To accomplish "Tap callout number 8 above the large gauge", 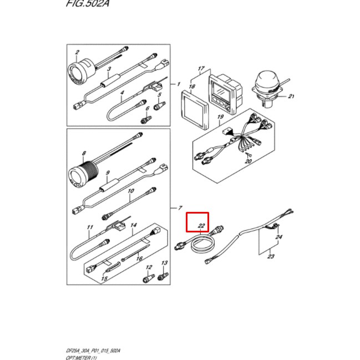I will point(83,153).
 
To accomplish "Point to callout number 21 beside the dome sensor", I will point(291,97).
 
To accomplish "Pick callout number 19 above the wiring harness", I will point(220,117).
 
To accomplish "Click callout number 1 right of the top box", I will point(179,84).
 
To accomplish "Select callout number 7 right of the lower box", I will point(179,207).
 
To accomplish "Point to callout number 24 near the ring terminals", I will point(278,237).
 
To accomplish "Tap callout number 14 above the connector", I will point(133,225).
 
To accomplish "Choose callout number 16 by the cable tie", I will point(139,258).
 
